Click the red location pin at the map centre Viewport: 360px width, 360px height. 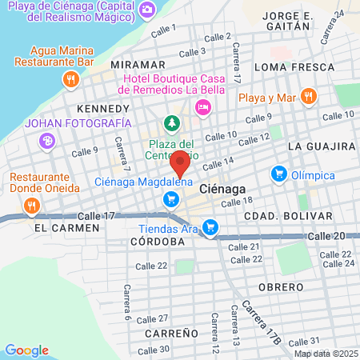point(181,163)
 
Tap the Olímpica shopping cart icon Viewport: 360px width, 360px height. point(279,173)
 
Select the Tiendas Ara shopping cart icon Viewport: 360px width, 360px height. point(210,229)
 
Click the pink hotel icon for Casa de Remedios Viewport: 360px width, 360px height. point(204,106)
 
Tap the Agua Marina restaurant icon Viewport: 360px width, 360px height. point(70,78)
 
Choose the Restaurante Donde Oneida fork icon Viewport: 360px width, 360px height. point(32,206)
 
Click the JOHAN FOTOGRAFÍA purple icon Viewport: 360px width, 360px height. point(47,142)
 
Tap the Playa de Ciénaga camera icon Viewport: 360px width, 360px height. point(146,10)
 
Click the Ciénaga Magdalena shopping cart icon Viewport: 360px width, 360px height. point(170,199)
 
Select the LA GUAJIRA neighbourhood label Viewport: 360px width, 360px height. point(321,146)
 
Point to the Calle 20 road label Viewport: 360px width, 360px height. point(326,236)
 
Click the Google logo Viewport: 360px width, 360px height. point(26,350)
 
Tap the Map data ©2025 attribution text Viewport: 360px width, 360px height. point(324,354)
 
